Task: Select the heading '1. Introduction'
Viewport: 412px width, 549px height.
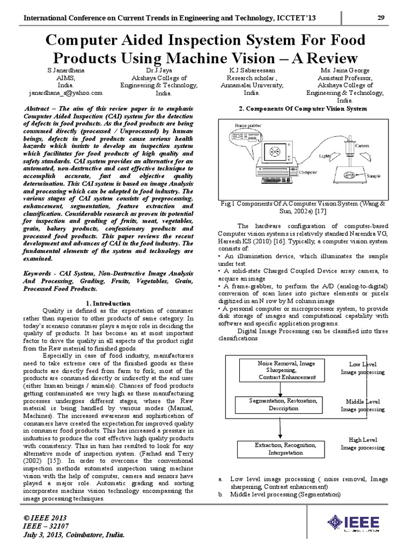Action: pyautogui.click(x=108, y=303)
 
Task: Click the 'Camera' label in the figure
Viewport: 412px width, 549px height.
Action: pyautogui.click(x=362, y=146)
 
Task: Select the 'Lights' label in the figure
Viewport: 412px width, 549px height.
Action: pyautogui.click(x=326, y=155)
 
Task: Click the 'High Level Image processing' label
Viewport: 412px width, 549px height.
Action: pyautogui.click(x=363, y=443)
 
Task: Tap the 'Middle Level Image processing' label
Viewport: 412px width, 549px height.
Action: pyautogui.click(x=363, y=405)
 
